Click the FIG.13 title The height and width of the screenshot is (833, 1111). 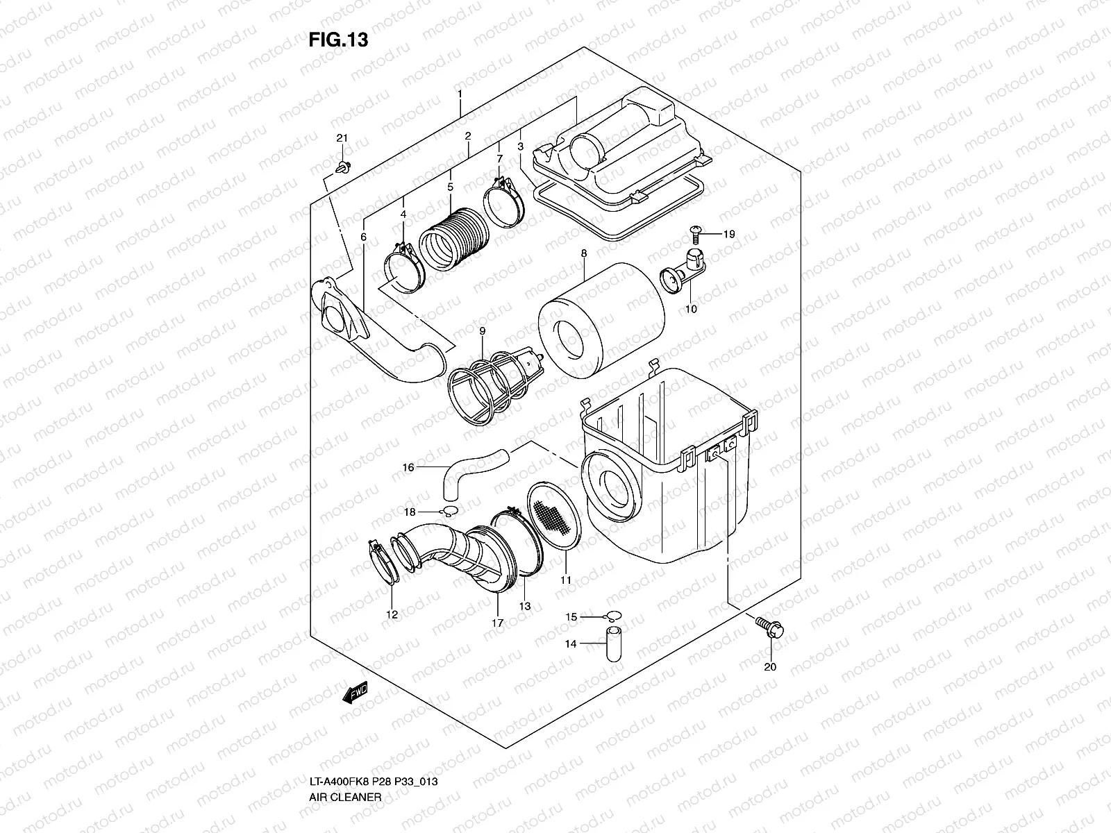pyautogui.click(x=338, y=40)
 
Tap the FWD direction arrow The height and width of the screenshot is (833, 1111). pyautogui.click(x=354, y=693)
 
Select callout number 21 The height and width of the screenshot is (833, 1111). pyautogui.click(x=341, y=139)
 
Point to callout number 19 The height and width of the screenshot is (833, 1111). pyautogui.click(x=728, y=235)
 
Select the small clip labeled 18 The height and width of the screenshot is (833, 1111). pyautogui.click(x=448, y=512)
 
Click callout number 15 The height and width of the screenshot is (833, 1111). pyautogui.click(x=571, y=617)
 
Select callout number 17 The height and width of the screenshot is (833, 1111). pyautogui.click(x=497, y=623)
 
